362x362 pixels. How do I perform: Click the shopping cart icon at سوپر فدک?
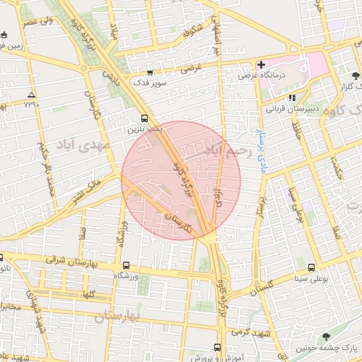(149, 72)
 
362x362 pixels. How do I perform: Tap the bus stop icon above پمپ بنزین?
(144, 118)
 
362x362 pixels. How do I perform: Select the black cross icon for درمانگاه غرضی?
(261, 64)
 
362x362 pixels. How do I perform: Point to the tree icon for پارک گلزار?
(355, 75)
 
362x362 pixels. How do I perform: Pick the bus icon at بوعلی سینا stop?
(312, 266)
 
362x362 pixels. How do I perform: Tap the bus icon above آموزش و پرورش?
(216, 347)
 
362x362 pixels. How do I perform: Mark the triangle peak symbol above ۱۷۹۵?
(30, 94)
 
